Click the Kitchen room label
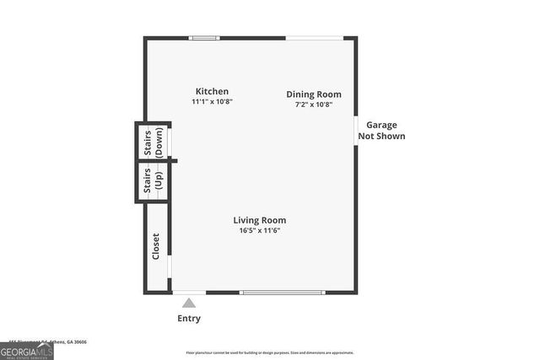pos(212,91)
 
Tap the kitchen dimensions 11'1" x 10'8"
pos(212,101)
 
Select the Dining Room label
pos(313,94)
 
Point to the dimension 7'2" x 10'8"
pos(313,105)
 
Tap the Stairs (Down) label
pos(153,142)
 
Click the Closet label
pos(155,247)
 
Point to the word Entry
pos(189,319)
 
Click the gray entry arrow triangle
pos(189,303)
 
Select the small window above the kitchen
pos(203,38)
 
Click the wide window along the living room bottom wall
pos(282,293)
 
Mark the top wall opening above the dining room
pos(314,38)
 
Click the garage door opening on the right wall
pos(355,131)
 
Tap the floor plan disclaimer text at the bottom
pos(270,353)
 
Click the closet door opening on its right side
pos(170,266)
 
